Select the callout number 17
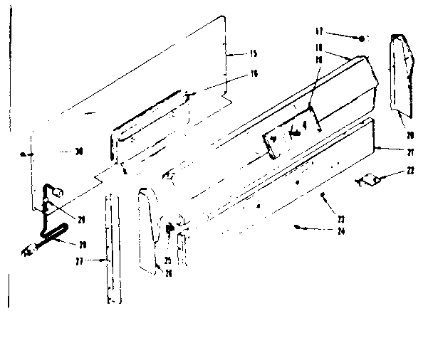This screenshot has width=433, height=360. pyautogui.click(x=320, y=32)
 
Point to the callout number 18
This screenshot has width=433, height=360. pyautogui.click(x=320, y=47)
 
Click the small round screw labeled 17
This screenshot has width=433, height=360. pyautogui.click(x=362, y=38)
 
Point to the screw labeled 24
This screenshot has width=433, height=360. pyautogui.click(x=297, y=227)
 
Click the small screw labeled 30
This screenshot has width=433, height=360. pyautogui.click(x=26, y=154)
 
